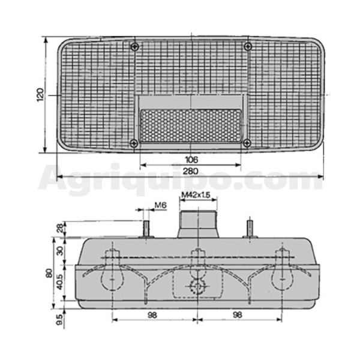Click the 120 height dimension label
coord(40,94)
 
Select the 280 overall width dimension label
coord(190,171)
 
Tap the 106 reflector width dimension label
coord(191,160)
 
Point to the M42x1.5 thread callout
coord(196,195)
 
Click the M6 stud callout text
coord(160,205)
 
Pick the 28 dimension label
coord(60,228)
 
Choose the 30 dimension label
coord(60,251)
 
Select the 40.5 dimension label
coord(59,282)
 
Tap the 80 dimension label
coord(49,274)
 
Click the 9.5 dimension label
coord(59,320)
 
